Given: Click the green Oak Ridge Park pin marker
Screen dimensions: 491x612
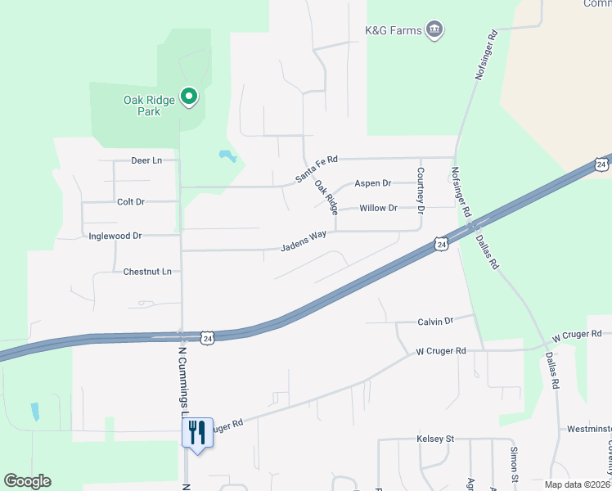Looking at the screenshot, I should pyautogui.click(x=189, y=97).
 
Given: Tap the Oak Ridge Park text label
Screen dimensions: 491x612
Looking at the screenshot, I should pyautogui.click(x=149, y=106).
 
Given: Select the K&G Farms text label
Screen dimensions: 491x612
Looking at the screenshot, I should pyautogui.click(x=393, y=31).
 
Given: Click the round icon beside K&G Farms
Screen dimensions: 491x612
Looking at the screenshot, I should pyautogui.click(x=435, y=31).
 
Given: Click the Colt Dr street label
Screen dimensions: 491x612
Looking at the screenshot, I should pyautogui.click(x=131, y=201).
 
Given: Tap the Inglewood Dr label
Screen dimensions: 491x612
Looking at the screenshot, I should pyautogui.click(x=115, y=236).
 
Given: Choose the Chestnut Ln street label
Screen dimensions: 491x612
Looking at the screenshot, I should pyautogui.click(x=147, y=272).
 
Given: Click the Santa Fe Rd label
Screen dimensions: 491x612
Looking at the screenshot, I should pyautogui.click(x=317, y=170).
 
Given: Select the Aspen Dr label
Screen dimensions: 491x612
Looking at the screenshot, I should pyautogui.click(x=372, y=183).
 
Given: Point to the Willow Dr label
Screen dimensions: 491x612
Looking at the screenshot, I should pyautogui.click(x=378, y=208).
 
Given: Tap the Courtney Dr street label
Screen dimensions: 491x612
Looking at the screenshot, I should pyautogui.click(x=421, y=190).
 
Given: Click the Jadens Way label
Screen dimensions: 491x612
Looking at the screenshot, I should pyautogui.click(x=304, y=241).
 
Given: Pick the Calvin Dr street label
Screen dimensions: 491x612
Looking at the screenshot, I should pyautogui.click(x=435, y=322).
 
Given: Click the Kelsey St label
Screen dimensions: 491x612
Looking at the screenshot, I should pyautogui.click(x=434, y=439).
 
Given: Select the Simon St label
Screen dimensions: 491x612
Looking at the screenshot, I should pyautogui.click(x=514, y=463).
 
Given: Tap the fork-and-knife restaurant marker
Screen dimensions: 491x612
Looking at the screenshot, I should pyautogui.click(x=197, y=432).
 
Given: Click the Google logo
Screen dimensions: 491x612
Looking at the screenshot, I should pyautogui.click(x=27, y=481).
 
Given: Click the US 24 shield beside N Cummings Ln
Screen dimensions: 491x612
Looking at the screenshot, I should pyautogui.click(x=208, y=337).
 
